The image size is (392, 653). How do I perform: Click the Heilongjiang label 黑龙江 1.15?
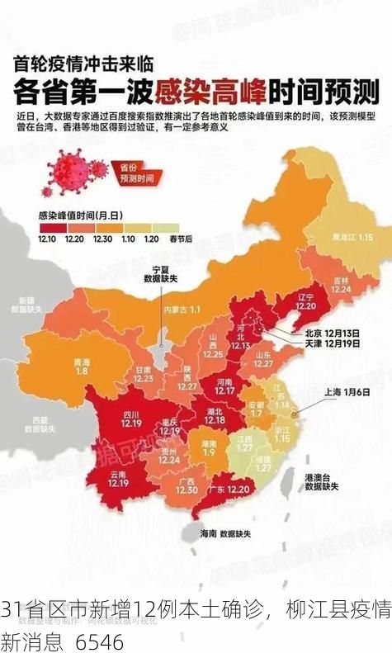coord(352,236)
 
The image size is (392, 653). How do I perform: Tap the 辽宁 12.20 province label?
coord(306,300)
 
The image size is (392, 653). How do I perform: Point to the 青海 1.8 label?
coord(82,367)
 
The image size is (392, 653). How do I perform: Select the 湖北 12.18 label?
coord(215,416)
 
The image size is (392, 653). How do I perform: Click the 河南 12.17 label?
coord(224,386)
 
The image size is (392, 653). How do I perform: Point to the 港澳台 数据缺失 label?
coord(321,482)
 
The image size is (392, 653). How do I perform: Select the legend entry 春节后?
coord(180,239)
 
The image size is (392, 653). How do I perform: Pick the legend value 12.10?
coord(48,239)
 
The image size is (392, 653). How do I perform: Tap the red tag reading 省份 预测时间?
coord(137,173)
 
